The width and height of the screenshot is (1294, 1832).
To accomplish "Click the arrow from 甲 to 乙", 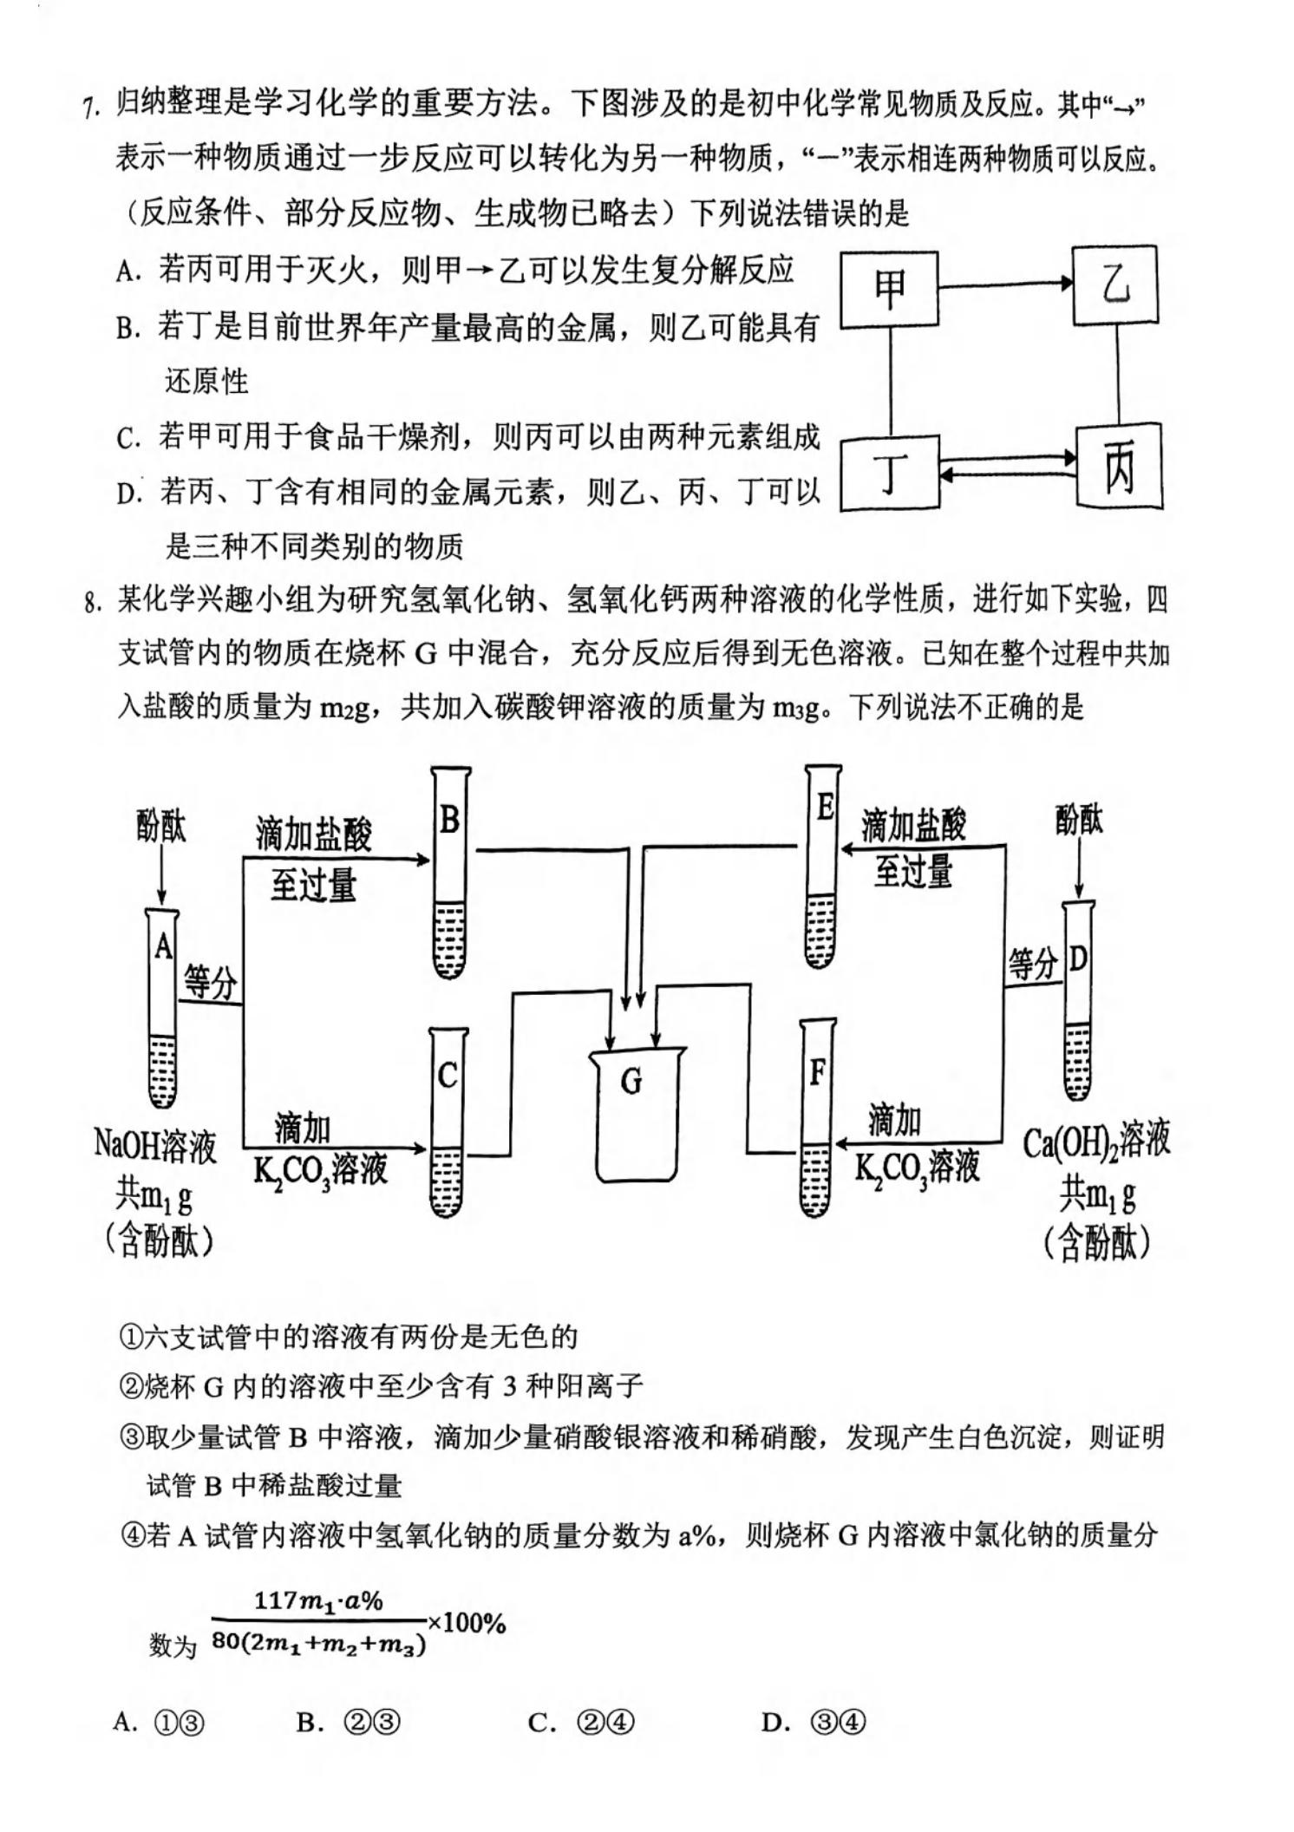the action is click(1006, 283).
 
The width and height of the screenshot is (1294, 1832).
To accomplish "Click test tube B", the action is click(450, 873).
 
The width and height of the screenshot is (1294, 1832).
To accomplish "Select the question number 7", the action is click(90, 109).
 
